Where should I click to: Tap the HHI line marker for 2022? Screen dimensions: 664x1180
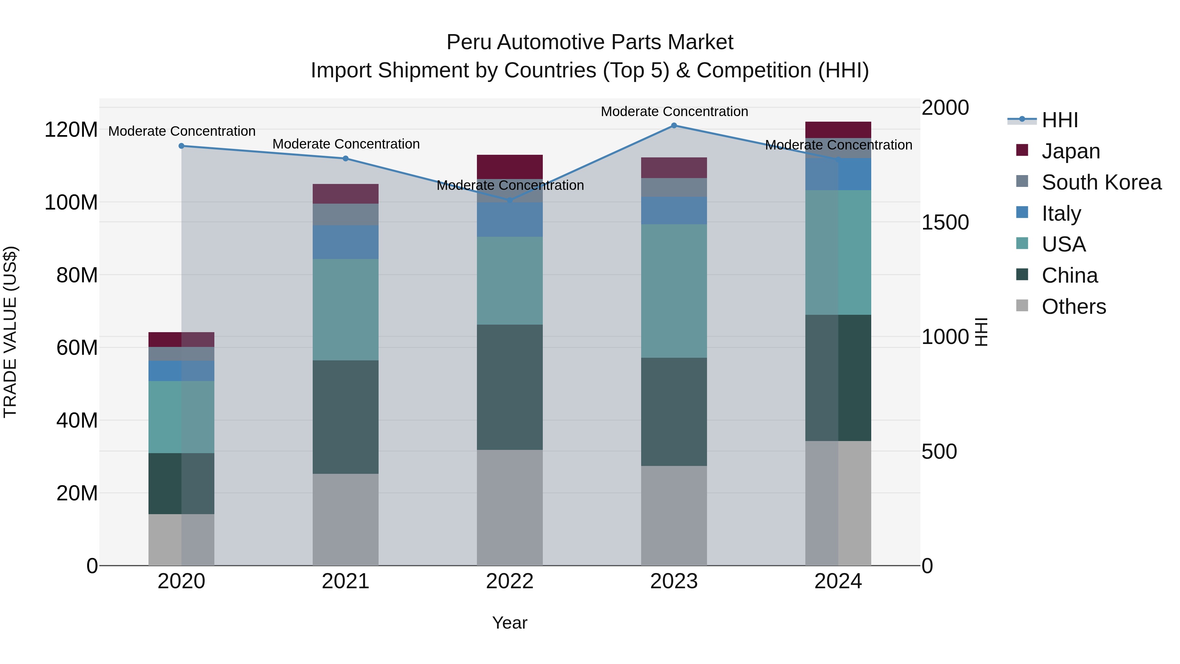point(510,201)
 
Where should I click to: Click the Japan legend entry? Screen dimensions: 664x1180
point(1071,151)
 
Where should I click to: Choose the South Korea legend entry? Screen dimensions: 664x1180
point(1101,182)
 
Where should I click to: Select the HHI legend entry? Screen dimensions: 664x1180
point(1059,120)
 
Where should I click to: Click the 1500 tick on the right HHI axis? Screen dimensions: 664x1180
point(945,223)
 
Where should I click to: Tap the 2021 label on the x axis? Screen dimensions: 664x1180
point(345,581)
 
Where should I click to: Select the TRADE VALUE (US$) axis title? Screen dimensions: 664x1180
point(10,332)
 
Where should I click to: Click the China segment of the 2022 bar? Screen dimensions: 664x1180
point(509,387)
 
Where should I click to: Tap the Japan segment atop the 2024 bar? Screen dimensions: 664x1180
point(838,130)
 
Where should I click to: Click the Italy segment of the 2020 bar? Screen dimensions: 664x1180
point(181,371)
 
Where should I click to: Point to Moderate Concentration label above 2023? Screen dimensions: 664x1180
point(674,111)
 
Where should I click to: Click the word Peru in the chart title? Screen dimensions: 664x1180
point(469,43)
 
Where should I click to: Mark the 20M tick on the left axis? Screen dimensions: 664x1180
point(77,493)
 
